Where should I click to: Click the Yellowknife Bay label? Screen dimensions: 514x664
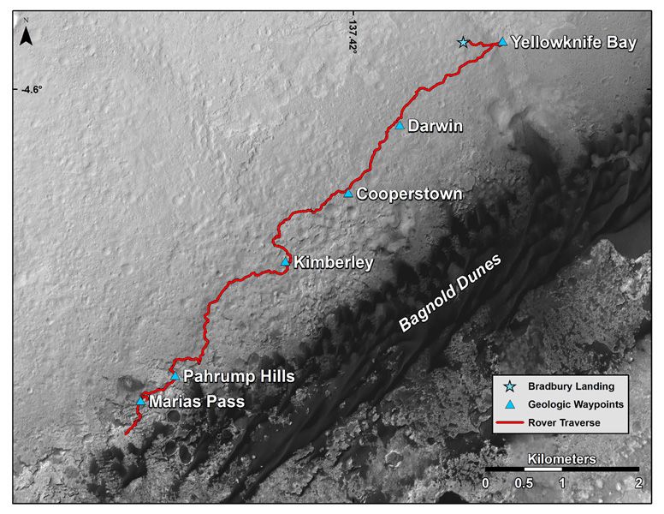click(x=572, y=42)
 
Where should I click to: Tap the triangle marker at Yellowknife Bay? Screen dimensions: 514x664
click(x=502, y=40)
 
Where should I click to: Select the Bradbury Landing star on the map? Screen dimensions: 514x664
click(x=464, y=42)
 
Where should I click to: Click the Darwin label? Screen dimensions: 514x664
click(x=436, y=127)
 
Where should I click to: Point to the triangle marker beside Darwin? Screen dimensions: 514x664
click(x=400, y=125)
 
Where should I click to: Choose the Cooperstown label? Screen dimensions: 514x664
click(x=409, y=194)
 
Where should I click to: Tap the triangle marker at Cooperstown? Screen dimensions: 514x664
click(x=348, y=193)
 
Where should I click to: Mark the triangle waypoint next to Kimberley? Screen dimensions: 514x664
click(x=286, y=261)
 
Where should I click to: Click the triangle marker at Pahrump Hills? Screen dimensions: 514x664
click(x=175, y=375)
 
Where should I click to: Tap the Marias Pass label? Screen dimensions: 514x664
click(x=196, y=401)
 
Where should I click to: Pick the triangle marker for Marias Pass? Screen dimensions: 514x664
click(x=141, y=400)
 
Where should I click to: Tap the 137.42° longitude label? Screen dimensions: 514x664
click(x=352, y=33)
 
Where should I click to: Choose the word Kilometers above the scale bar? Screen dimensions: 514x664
click(x=561, y=458)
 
